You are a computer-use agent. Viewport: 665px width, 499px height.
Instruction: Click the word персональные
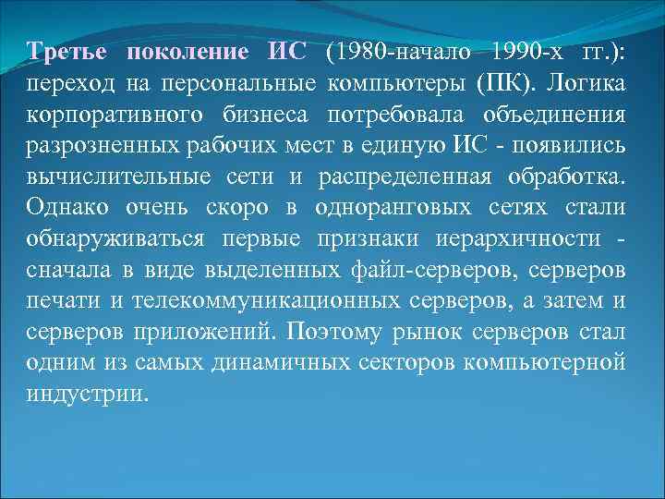[x=239, y=84]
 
